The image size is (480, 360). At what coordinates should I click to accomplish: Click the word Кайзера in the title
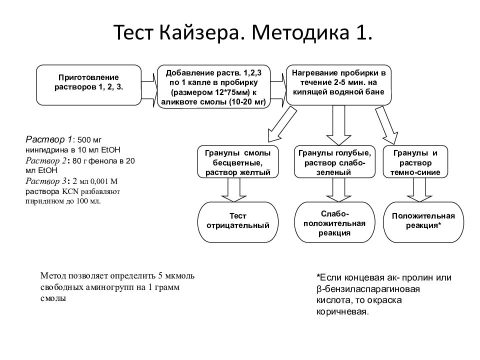pyautogui.click(x=199, y=32)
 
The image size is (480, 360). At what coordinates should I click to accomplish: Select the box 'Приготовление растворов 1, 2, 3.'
pyautogui.click(x=89, y=85)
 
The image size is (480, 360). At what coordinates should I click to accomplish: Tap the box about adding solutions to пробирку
pyautogui.click(x=213, y=86)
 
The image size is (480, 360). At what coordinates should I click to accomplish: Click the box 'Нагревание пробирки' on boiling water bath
pyautogui.click(x=338, y=85)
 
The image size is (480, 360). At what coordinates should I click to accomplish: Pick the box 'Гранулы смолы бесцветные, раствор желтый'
pyautogui.click(x=238, y=162)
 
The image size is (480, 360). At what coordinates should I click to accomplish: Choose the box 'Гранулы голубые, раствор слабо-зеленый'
pyautogui.click(x=334, y=162)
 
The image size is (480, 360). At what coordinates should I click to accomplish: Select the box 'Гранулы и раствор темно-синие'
pyautogui.click(x=415, y=162)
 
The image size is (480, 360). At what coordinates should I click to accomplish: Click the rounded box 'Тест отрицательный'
pyautogui.click(x=238, y=222)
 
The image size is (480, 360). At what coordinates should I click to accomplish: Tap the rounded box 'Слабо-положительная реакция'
pyautogui.click(x=334, y=222)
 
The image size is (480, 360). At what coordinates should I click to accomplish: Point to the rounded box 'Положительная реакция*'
pyautogui.click(x=423, y=222)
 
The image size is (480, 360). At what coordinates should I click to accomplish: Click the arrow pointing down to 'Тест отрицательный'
pyautogui.click(x=234, y=190)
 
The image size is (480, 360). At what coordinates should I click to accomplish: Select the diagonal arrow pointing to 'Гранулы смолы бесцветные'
pyautogui.click(x=282, y=124)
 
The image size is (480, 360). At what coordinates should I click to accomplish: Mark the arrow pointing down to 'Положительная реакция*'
pyautogui.click(x=419, y=190)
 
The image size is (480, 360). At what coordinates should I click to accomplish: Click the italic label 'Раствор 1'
pyautogui.click(x=48, y=140)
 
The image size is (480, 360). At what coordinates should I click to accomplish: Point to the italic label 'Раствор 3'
pyautogui.click(x=45, y=181)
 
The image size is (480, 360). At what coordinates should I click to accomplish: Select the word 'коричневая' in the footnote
pyautogui.click(x=342, y=312)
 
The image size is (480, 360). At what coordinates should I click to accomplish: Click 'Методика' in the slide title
pyautogui.click(x=300, y=32)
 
